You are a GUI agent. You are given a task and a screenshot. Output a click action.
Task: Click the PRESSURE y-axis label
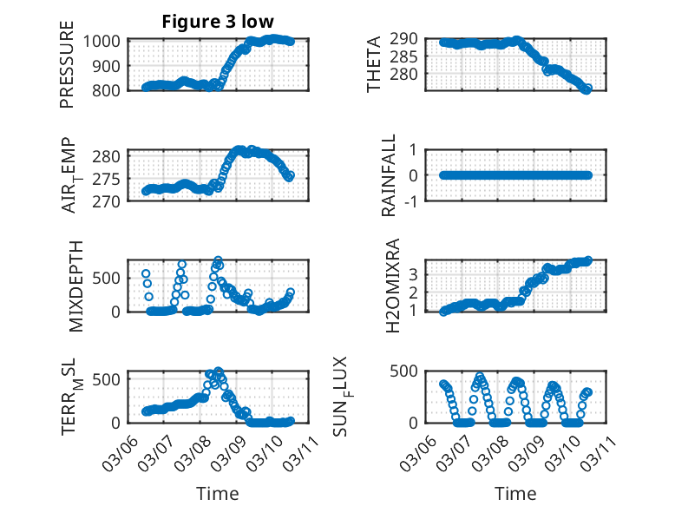pyautogui.click(x=67, y=64)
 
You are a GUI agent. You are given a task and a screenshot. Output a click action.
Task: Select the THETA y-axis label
pyautogui.click(x=375, y=64)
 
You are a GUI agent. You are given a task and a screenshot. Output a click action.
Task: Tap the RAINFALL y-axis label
pyautogui.click(x=390, y=175)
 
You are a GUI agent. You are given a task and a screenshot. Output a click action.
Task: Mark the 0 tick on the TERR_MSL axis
pyautogui.click(x=120, y=423)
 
